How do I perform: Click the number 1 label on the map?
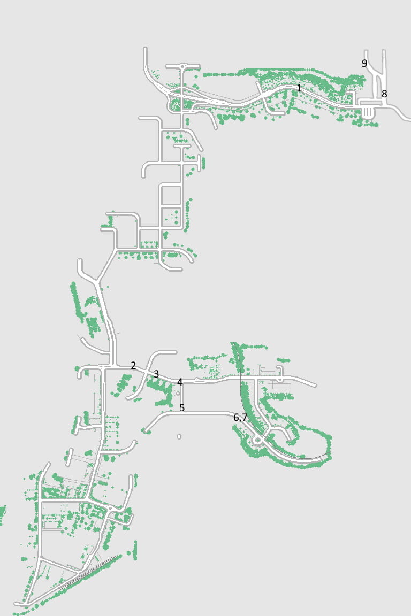299,88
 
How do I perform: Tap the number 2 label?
133,365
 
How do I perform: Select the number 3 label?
156,374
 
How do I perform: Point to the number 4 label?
180,382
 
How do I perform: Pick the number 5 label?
182,408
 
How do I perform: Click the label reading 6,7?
240,418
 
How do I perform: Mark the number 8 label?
384,94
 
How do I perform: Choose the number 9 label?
364,63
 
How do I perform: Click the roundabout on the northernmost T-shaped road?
182,66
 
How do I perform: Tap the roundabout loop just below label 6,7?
257,440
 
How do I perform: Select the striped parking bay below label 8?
367,112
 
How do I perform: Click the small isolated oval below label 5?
179,436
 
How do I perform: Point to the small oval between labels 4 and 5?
178,393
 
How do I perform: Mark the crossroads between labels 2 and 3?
146,371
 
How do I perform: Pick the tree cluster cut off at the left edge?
2,514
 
